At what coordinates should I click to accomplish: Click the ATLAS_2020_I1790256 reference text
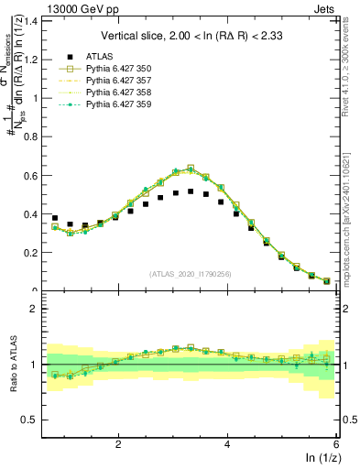tap(191, 274)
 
